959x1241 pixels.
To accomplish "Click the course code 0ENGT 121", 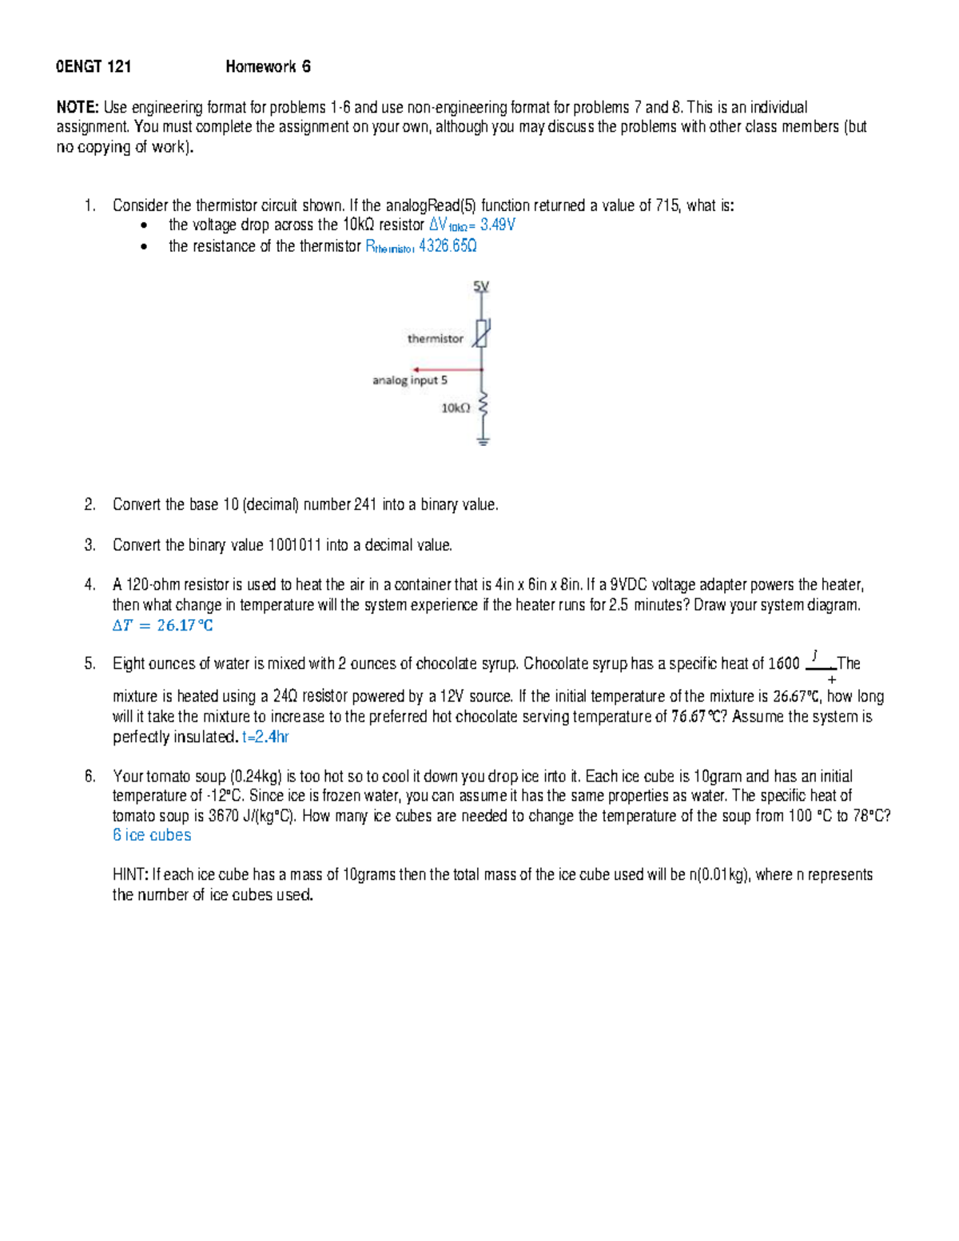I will click(94, 67).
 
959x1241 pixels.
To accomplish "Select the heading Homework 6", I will click(268, 67).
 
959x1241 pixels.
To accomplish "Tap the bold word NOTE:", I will click(78, 107).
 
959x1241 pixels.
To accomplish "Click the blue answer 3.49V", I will click(497, 225).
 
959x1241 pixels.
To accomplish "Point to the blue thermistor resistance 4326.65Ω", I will click(448, 246).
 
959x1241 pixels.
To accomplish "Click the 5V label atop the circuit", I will click(481, 286).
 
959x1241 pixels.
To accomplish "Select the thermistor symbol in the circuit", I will click(481, 332).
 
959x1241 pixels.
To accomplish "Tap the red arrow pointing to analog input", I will click(448, 369).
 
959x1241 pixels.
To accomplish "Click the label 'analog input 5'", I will click(410, 380).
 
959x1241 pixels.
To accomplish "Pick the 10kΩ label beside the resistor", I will click(456, 408).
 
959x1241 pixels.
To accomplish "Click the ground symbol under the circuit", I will click(482, 439).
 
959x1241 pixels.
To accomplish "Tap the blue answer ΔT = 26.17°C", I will click(163, 626).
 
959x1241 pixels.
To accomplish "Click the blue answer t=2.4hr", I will click(265, 737).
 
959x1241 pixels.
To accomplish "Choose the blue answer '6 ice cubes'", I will click(152, 835).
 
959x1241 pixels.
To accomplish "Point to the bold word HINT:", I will click(130, 875).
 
